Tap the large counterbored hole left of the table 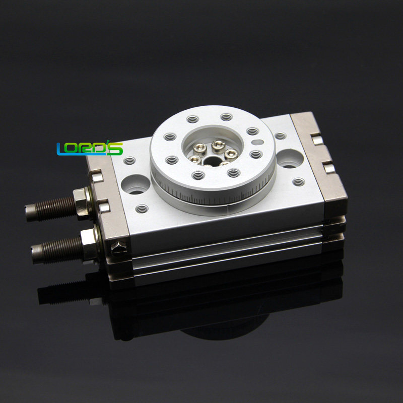click(x=135, y=184)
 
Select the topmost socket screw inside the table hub click(x=218, y=146)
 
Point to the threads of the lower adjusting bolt click(x=58, y=246)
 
